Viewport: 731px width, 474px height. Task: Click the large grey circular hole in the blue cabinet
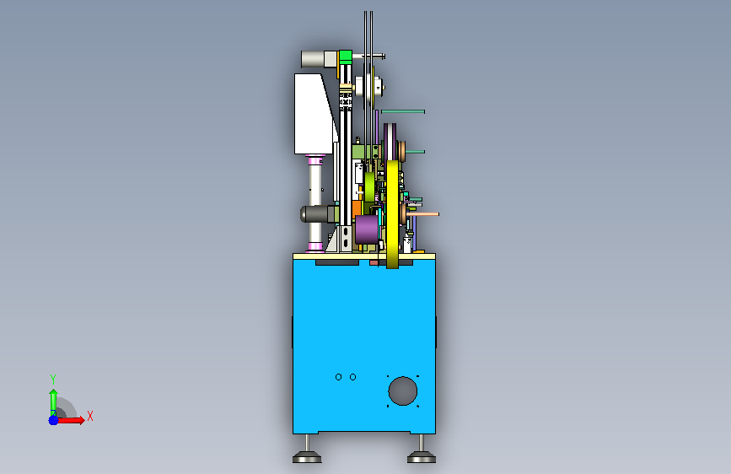pos(402,391)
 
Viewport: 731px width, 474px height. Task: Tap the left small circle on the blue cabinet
pos(338,377)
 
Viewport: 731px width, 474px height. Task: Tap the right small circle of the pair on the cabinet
pos(353,377)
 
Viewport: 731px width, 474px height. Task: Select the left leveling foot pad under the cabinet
pos(307,457)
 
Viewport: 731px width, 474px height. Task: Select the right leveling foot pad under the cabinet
pos(422,457)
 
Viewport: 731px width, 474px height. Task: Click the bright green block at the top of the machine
pos(346,57)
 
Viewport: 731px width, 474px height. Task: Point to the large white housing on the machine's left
pos(314,113)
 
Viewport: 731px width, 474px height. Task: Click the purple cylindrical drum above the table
pos(367,229)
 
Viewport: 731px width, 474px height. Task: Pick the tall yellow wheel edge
pos(393,214)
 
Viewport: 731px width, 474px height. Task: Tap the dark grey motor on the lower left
pos(319,214)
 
